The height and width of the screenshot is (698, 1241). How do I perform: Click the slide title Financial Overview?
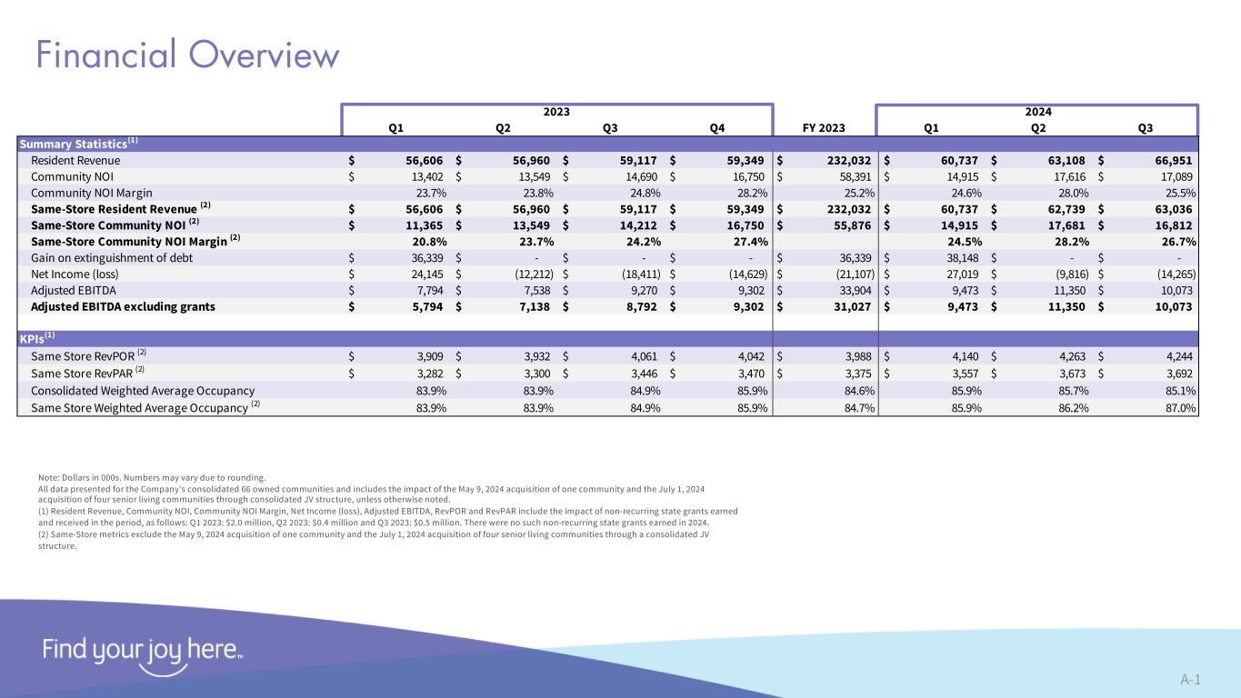pos(187,55)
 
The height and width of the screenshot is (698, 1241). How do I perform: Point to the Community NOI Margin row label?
pos(92,193)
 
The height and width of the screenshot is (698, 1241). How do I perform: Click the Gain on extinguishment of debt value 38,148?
pos(961,257)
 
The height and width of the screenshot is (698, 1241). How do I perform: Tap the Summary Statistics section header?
pos(77,144)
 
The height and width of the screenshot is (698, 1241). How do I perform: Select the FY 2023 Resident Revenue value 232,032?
pos(853,160)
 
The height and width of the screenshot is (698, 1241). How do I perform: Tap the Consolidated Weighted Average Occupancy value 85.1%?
pos(1176,391)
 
